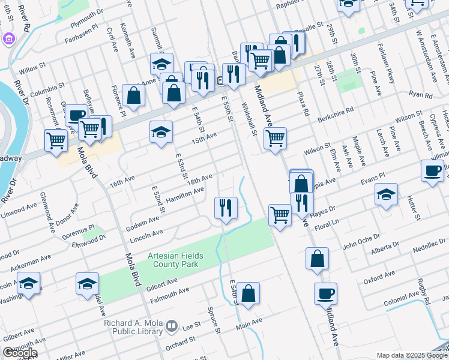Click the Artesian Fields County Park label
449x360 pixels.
point(176,260)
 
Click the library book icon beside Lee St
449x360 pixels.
point(172,326)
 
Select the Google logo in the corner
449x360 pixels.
point(20,353)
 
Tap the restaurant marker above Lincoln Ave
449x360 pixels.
point(226,208)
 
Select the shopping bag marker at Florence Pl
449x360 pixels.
point(133,95)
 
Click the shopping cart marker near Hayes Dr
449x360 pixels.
point(280,215)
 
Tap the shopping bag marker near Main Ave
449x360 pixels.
point(248,293)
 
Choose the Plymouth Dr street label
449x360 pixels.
point(87,17)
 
